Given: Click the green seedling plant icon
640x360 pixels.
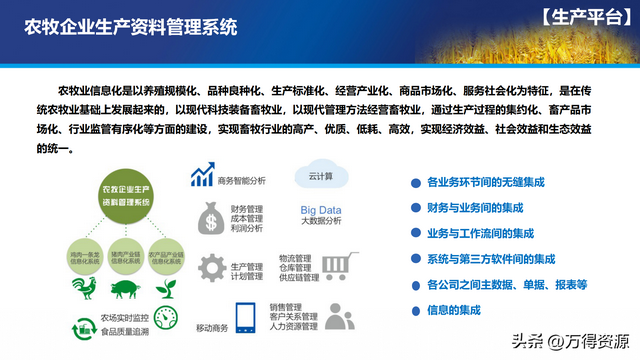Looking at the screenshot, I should pyautogui.click(x=165, y=287).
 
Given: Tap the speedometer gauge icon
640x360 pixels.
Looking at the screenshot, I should pyautogui.click(x=165, y=318).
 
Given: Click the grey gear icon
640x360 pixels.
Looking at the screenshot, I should pyautogui.click(x=211, y=269).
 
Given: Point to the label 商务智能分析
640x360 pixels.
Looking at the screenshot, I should pyautogui.click(x=242, y=182).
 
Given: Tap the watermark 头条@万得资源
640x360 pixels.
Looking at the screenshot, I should pyautogui.click(x=584, y=340).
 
